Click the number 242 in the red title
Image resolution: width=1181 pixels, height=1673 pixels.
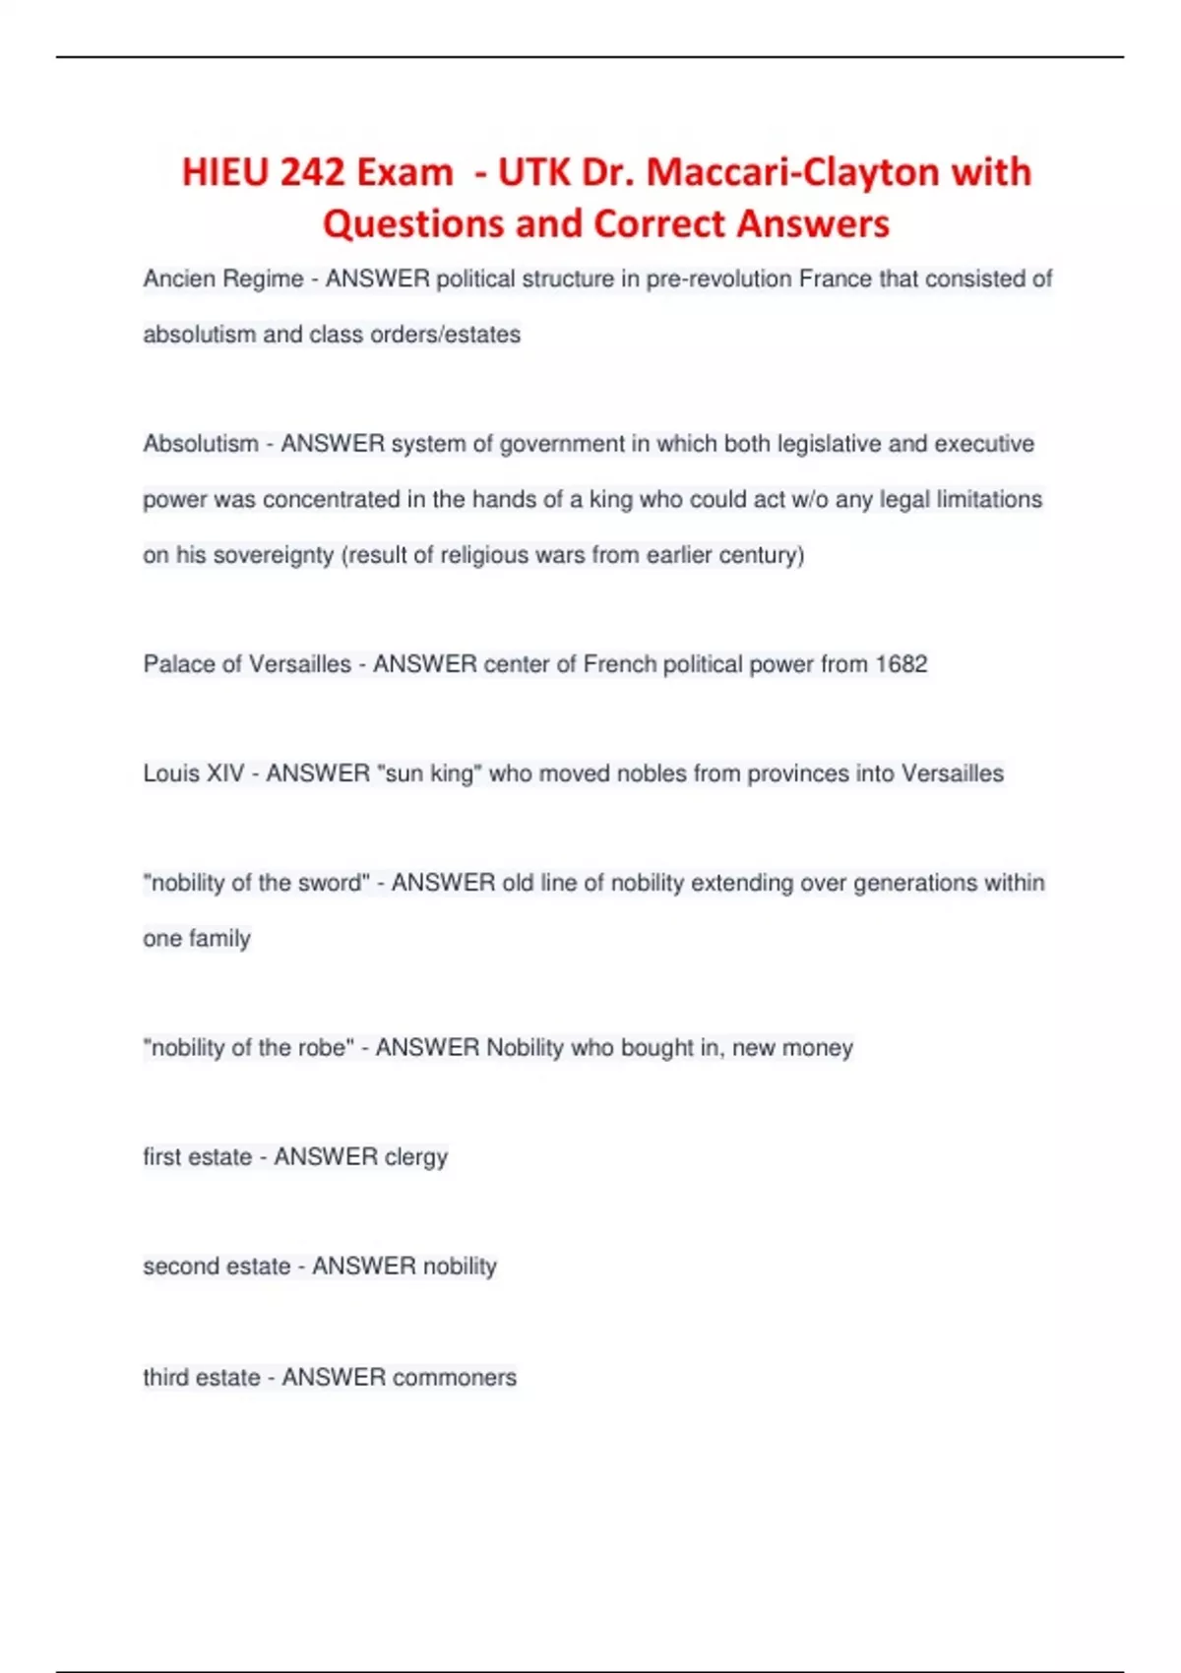point(312,172)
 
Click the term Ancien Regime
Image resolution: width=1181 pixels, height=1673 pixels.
point(223,279)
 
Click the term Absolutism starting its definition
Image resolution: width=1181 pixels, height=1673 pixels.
point(201,444)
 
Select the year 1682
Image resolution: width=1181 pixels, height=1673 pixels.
point(901,664)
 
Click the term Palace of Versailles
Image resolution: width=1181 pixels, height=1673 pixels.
point(247,664)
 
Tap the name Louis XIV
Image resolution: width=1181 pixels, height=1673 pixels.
point(193,774)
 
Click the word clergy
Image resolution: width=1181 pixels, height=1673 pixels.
point(416,1157)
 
